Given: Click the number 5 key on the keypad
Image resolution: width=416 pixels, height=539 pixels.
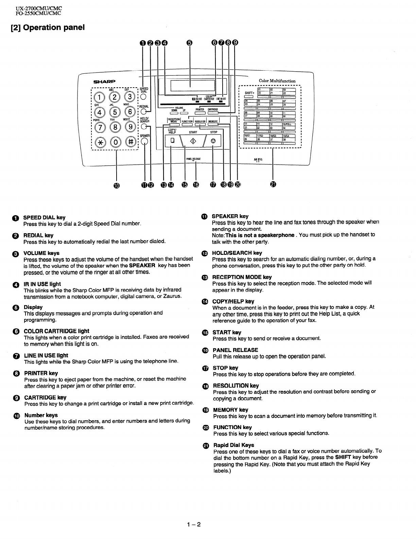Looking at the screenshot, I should (115, 112).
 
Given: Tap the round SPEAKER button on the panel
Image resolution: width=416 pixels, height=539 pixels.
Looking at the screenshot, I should (145, 142).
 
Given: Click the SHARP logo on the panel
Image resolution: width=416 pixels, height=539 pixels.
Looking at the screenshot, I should (104, 81).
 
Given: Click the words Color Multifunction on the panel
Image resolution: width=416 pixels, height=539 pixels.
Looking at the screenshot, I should (277, 81).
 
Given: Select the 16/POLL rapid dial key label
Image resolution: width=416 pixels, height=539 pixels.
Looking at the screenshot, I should (289, 124).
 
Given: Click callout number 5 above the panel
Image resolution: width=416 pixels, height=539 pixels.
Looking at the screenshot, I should (190, 42).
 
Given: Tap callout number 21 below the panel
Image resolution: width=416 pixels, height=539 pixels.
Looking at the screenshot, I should (273, 184).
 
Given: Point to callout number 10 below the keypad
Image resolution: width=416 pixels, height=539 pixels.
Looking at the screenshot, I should (117, 185).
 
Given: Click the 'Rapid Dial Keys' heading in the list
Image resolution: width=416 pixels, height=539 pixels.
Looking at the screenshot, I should (233, 445).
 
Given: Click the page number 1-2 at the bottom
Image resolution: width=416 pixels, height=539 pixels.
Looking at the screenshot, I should (194, 524).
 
